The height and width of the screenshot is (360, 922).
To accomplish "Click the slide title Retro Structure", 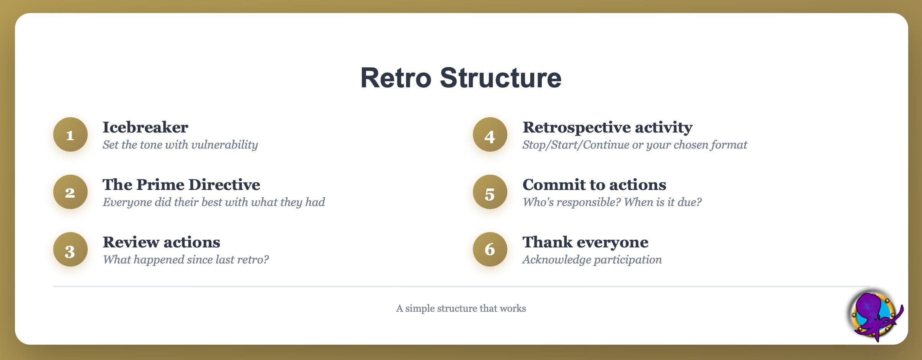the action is click(461, 78).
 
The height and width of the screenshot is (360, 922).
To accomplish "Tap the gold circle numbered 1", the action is click(70, 134).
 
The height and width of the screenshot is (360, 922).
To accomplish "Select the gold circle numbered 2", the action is click(70, 192).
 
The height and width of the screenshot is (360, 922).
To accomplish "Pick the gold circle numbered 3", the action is click(70, 249).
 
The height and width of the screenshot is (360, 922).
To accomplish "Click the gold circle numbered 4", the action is click(490, 134).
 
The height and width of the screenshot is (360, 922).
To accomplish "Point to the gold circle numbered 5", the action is click(490, 192).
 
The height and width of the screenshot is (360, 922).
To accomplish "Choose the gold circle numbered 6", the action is click(490, 249).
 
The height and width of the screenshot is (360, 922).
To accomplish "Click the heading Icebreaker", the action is click(145, 127).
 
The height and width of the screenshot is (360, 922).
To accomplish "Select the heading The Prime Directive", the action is click(181, 185).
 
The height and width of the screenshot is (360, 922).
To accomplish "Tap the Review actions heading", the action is click(162, 242).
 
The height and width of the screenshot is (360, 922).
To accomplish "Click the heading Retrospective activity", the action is click(608, 128).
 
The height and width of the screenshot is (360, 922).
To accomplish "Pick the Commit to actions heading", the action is click(595, 185).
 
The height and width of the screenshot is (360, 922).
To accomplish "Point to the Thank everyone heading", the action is click(586, 242).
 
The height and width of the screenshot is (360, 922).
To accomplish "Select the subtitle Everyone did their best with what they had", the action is click(214, 202).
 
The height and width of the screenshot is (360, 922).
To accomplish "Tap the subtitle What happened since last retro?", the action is click(186, 260).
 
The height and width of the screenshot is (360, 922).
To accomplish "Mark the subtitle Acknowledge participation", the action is click(592, 260).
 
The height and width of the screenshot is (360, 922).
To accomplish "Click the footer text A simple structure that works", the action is click(461, 308).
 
